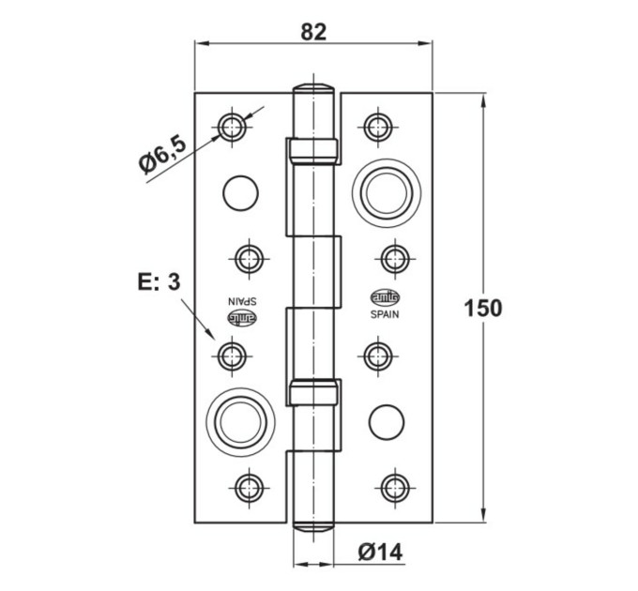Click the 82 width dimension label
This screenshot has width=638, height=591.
click(313, 32)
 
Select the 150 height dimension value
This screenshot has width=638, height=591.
click(483, 308)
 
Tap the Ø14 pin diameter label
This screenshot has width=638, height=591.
click(380, 553)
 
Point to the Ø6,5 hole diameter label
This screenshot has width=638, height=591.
click(162, 155)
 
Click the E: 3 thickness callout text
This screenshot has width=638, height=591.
click(159, 281)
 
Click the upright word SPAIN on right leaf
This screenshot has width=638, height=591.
click(385, 314)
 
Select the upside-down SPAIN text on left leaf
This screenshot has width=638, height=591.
click(242, 301)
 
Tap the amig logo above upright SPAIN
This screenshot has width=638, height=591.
click(385, 298)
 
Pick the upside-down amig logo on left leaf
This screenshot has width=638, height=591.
click(242, 318)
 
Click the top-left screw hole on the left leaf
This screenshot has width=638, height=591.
click(232, 128)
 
